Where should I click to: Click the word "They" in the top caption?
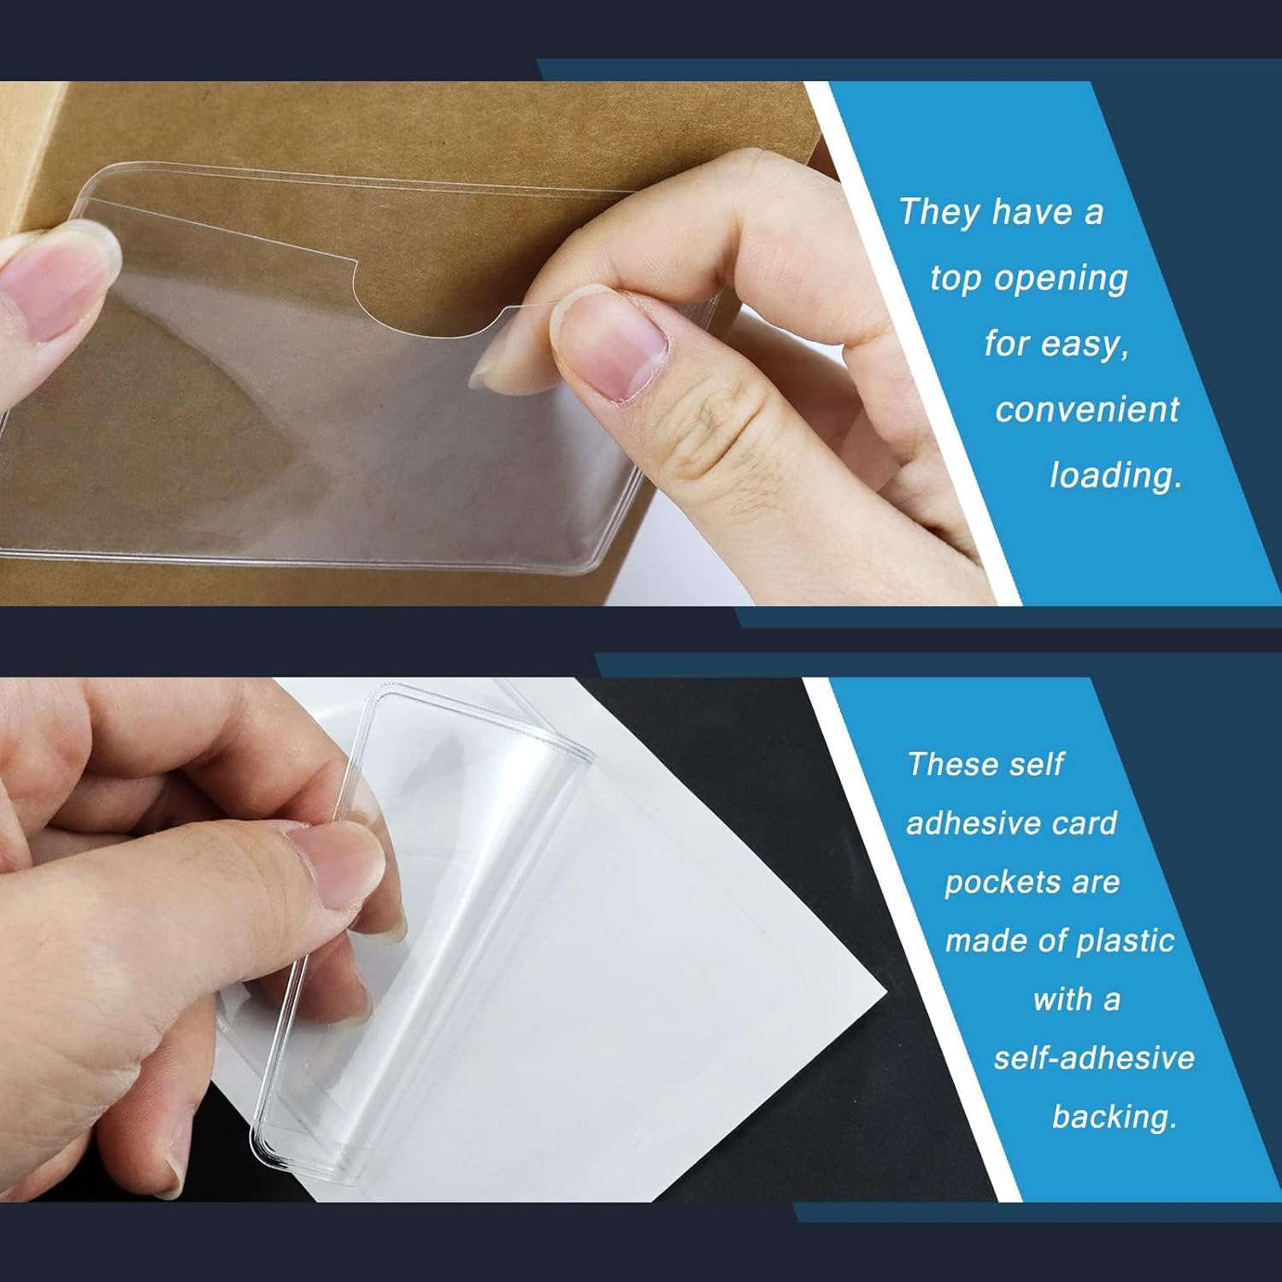point(938,212)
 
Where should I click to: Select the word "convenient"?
point(1087,409)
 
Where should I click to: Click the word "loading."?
point(1115,475)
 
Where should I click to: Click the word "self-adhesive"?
point(1094,1058)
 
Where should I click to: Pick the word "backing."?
point(1114,1118)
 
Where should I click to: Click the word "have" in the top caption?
point(1032,212)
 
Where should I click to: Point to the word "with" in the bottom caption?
point(1062,1000)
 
